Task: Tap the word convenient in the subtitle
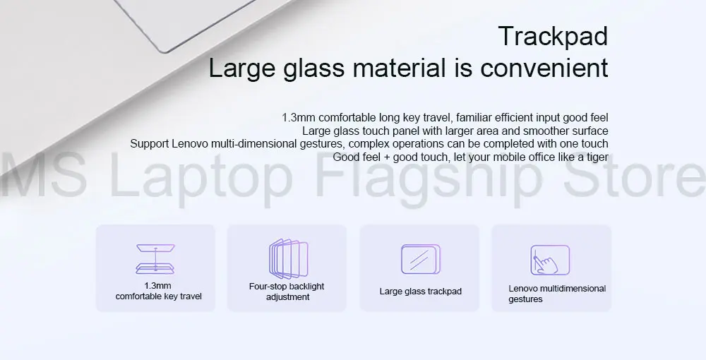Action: [x=544, y=68]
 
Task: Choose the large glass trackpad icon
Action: [x=420, y=259]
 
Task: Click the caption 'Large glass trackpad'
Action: [x=420, y=291]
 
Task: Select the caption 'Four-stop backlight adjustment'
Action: [x=287, y=292]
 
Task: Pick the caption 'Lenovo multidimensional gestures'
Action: [x=556, y=294]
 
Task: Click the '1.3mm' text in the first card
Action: [x=157, y=286]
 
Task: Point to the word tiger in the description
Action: [x=594, y=157]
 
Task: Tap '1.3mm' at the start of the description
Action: [x=298, y=117]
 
